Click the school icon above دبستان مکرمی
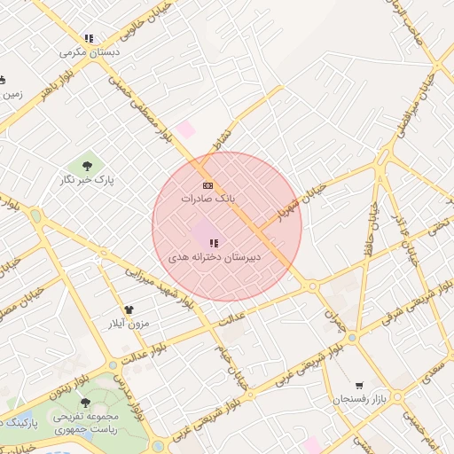(89, 38)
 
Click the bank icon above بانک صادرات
(207, 184)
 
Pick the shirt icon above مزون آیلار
(129, 309)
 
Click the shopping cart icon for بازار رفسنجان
(358, 386)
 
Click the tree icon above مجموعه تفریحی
(84, 402)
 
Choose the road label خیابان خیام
(232, 365)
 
